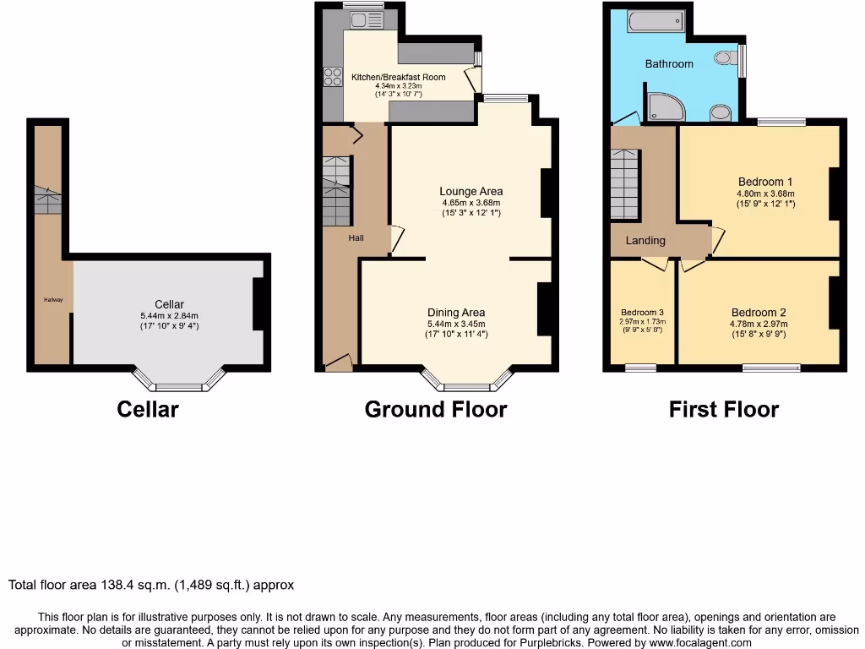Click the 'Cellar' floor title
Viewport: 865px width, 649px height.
point(147,410)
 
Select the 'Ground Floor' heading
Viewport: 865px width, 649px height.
point(435,410)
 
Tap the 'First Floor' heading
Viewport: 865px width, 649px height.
point(723,410)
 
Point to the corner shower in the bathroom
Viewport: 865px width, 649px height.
point(666,106)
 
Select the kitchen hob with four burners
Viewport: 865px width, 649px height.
point(331,77)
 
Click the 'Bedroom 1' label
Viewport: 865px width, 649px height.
point(764,182)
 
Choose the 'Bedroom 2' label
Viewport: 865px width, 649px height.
point(759,312)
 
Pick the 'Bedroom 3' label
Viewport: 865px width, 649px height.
point(642,310)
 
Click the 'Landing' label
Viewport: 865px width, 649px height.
point(645,241)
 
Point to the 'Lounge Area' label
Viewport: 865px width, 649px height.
point(471,191)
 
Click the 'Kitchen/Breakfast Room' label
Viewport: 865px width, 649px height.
point(398,77)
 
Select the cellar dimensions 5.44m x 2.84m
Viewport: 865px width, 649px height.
point(169,315)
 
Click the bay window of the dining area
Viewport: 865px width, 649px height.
point(467,383)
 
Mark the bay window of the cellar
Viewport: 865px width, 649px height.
point(179,383)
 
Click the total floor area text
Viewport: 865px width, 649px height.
point(151,585)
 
